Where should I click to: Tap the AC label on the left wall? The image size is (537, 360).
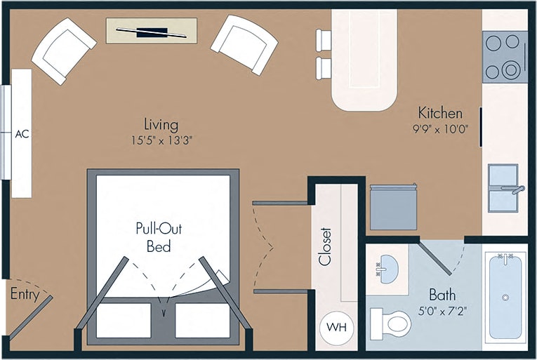(22, 134)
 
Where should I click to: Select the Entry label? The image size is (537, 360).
(24, 295)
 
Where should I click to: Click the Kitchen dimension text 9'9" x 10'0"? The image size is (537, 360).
(440, 128)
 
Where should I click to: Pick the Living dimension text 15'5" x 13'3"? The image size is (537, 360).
(161, 140)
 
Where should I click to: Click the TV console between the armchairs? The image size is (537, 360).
(152, 31)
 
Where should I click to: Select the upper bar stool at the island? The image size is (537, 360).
(324, 41)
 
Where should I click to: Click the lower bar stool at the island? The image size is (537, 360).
(324, 68)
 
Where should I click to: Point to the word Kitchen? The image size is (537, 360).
(440, 113)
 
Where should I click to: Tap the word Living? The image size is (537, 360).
(161, 124)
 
